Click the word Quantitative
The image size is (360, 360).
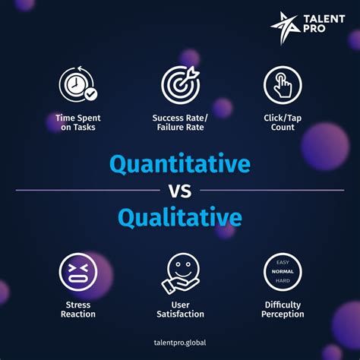pos(180,164)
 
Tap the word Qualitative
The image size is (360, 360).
pos(180,217)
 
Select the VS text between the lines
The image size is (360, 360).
pos(180,191)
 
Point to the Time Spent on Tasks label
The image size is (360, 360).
pos(77,123)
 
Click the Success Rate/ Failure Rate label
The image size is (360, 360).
pos(179,123)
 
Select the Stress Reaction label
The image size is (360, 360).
pos(77,309)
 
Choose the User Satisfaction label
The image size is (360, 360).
pos(179,309)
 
